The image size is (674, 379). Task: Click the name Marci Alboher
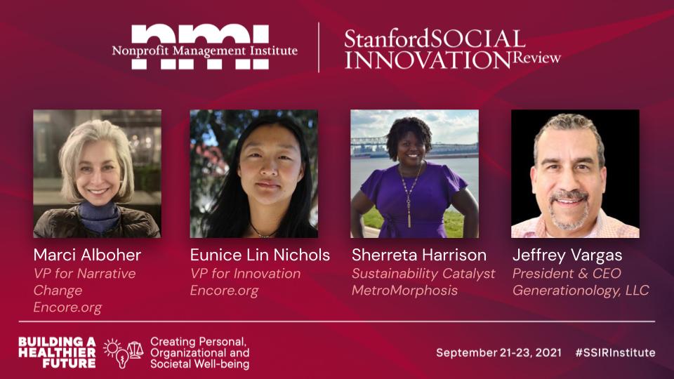(87, 255)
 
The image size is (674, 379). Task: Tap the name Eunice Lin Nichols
(260, 255)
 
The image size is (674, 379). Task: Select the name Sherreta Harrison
(419, 255)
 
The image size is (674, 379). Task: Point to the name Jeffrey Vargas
(567, 255)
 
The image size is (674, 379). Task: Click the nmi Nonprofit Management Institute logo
(204, 47)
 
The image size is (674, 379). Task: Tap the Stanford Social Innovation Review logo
(452, 49)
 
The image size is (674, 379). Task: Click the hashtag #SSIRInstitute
(616, 353)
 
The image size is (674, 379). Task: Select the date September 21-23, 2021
(498, 353)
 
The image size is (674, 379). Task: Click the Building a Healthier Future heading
(57, 353)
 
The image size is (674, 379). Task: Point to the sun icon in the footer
(112, 347)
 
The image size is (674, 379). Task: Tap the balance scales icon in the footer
(136, 350)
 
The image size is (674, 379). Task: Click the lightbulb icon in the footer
(122, 359)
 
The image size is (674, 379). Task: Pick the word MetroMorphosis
(404, 291)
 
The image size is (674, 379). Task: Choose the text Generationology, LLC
(581, 291)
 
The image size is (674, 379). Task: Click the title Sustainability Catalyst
(423, 274)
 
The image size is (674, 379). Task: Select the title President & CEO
(567, 273)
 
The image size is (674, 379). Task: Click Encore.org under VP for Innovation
(225, 291)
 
